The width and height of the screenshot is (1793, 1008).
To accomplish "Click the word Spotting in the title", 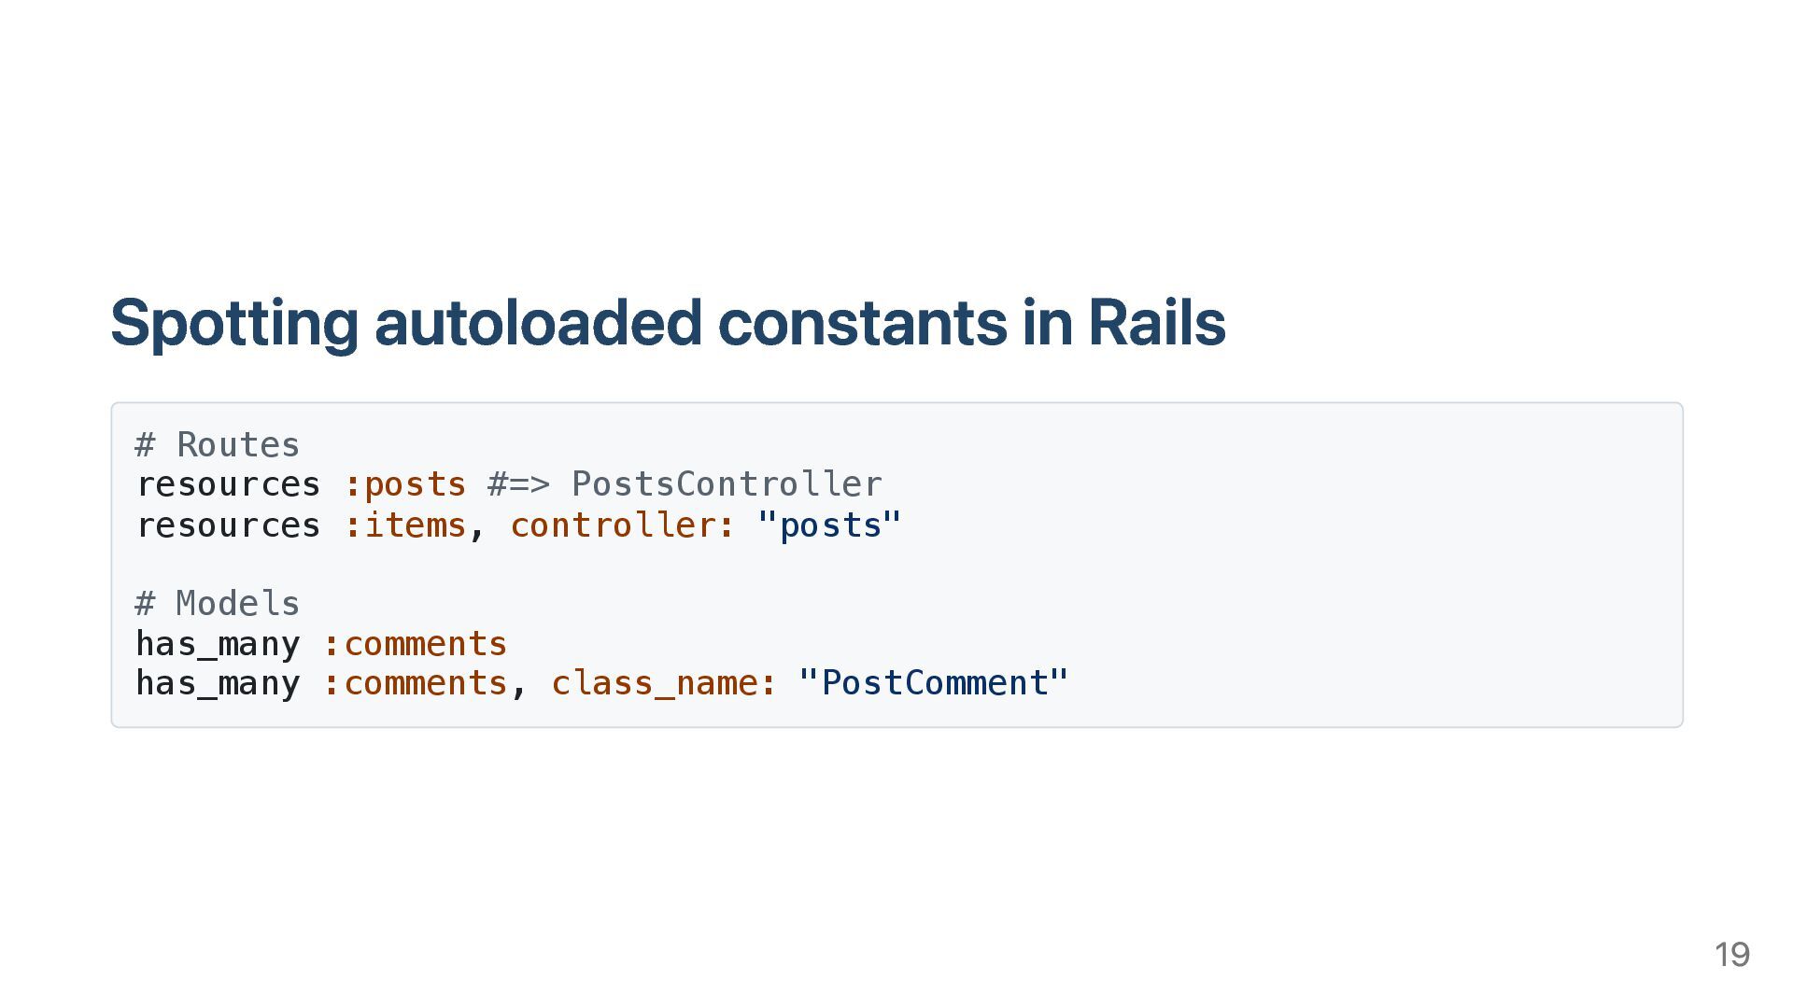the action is (233, 323).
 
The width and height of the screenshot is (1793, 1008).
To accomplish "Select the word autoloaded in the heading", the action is (537, 323).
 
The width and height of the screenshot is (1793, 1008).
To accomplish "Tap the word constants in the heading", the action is (862, 323).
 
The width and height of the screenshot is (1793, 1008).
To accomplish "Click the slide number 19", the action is (1731, 955).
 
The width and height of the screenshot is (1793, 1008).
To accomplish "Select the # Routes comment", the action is (218, 445).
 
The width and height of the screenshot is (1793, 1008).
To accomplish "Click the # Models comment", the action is (218, 604).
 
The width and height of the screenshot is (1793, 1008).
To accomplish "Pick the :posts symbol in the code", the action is (405, 485).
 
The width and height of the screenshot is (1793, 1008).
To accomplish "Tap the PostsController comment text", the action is (727, 485).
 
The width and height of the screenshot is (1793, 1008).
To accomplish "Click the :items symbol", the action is (405, 525).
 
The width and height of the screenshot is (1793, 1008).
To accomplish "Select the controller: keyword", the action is (623, 525).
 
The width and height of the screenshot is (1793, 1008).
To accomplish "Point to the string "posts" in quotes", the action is (829, 525).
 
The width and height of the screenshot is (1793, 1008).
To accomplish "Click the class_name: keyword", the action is (664, 683).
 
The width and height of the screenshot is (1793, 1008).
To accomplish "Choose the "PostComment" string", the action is (934, 683).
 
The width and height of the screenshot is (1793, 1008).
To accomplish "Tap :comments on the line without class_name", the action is (415, 644).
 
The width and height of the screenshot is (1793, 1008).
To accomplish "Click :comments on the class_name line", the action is (415, 683).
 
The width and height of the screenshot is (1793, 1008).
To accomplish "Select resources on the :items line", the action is (229, 525).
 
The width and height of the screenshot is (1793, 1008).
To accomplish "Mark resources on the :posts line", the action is (229, 485).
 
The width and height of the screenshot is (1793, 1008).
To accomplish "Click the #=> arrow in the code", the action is (519, 485).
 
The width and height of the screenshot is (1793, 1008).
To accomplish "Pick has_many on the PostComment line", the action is (218, 683).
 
